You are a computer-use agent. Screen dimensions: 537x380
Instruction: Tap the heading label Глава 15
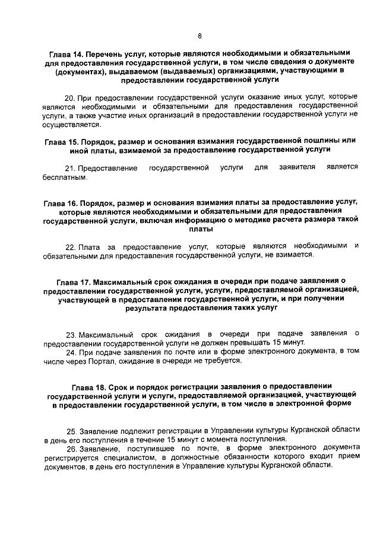pyautogui.click(x=61, y=141)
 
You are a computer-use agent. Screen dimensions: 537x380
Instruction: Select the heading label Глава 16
pyautogui.click(x=60, y=202)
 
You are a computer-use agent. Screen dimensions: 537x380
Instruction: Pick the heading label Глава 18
pyautogui.click(x=89, y=387)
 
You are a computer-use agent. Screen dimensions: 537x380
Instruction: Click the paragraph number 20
pyautogui.click(x=69, y=97)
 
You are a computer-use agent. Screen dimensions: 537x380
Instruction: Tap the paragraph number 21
pyautogui.click(x=69, y=168)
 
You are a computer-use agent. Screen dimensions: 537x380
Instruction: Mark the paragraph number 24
pyautogui.click(x=69, y=352)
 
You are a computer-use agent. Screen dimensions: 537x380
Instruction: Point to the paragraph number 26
pyautogui.click(x=69, y=449)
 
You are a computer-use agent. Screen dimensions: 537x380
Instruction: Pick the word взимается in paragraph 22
pyautogui.click(x=290, y=255)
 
